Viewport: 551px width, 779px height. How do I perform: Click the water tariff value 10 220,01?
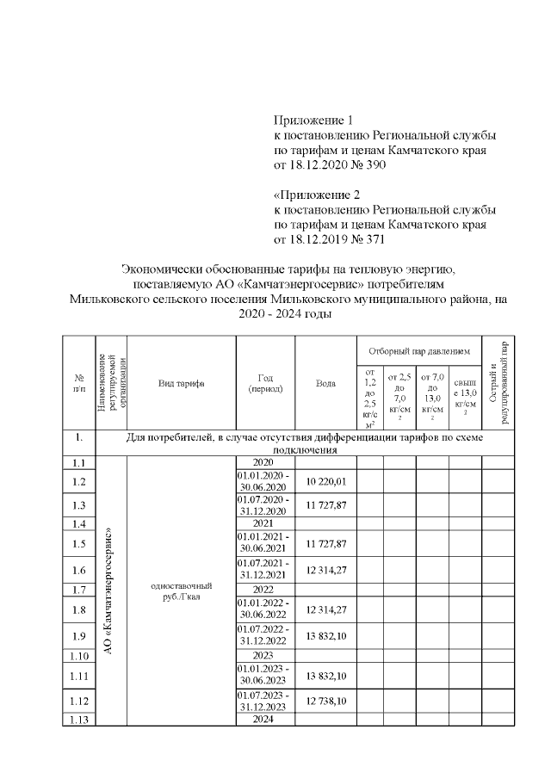pos(325,481)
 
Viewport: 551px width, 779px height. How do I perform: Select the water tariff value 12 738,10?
pos(325,702)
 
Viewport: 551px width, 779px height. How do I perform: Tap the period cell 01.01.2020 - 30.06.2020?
pos(265,481)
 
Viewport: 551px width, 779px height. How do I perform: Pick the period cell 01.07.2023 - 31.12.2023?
pos(265,702)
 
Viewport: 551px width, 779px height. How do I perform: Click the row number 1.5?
pos(79,544)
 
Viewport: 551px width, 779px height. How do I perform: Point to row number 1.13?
pos(79,720)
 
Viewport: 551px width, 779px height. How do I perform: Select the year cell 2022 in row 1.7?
pos(265,590)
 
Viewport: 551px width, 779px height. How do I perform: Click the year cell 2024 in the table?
pos(265,720)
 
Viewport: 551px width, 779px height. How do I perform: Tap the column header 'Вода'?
pos(325,383)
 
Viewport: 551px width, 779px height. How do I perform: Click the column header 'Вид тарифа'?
pos(181,383)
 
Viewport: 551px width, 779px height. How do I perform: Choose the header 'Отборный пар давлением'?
pos(418,351)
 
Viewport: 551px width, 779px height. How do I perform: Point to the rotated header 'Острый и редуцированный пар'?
pos(498,383)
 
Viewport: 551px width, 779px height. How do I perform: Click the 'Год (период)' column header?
pos(265,383)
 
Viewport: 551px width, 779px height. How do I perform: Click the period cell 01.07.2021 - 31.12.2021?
pos(265,569)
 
